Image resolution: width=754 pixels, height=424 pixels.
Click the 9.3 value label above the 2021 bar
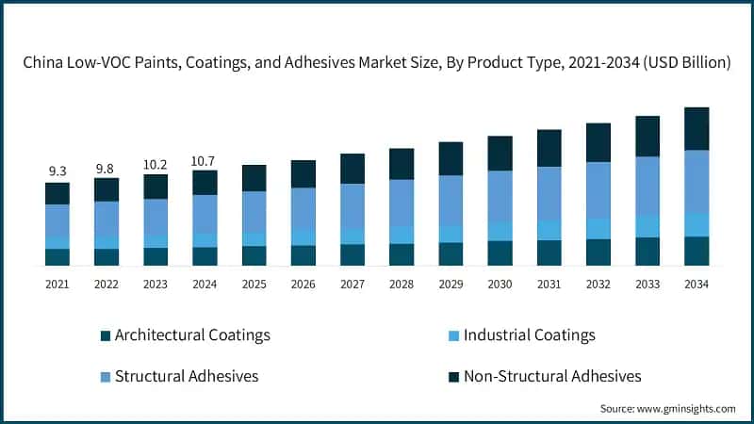click(57, 171)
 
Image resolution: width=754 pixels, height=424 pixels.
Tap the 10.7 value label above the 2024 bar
click(205, 159)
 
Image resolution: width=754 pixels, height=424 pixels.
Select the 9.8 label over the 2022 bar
click(107, 167)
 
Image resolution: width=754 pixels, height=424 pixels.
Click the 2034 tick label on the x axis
click(696, 284)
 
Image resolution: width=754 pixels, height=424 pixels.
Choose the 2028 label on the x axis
click(401, 284)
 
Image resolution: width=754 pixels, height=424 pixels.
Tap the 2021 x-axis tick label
click(57, 284)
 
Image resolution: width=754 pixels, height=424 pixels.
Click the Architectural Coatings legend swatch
click(106, 335)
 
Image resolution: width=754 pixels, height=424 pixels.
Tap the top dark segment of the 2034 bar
click(696, 128)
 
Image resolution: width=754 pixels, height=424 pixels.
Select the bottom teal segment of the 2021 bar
click(57, 257)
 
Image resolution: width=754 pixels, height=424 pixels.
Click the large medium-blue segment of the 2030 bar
click(500, 196)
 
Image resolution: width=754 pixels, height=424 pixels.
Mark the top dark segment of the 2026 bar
click(303, 173)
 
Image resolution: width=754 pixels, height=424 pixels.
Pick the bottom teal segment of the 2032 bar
click(598, 253)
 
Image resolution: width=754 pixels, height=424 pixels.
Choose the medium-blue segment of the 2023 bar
click(156, 216)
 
